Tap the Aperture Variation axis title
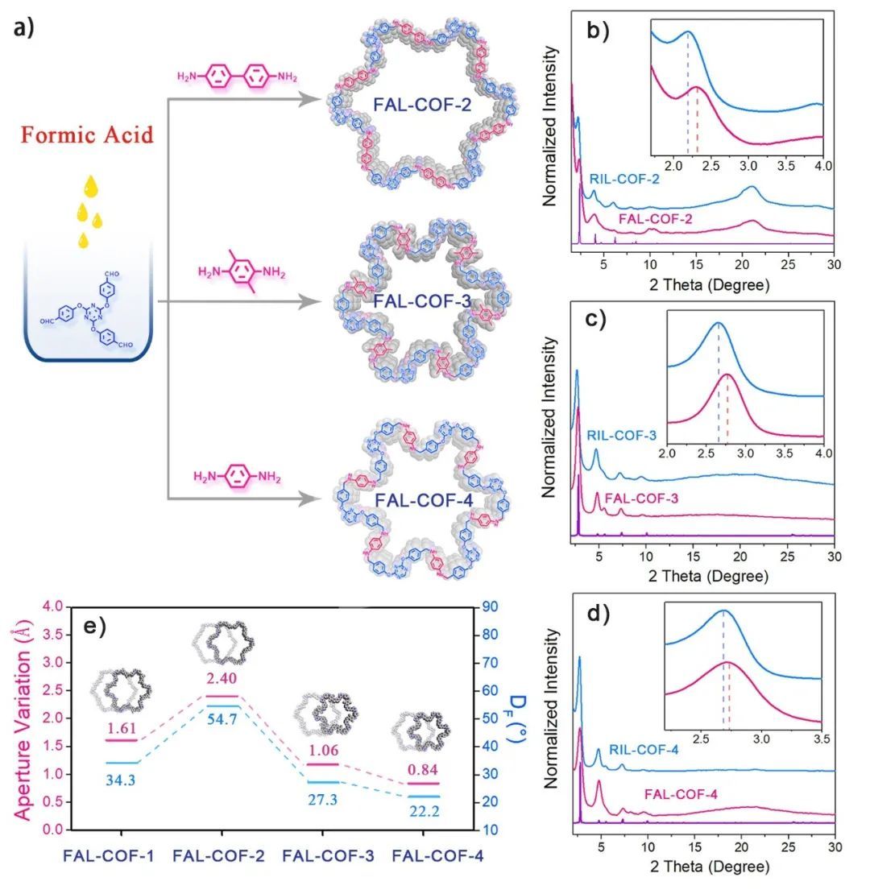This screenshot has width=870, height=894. click(x=23, y=722)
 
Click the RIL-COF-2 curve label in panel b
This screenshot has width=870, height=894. click(x=624, y=179)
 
